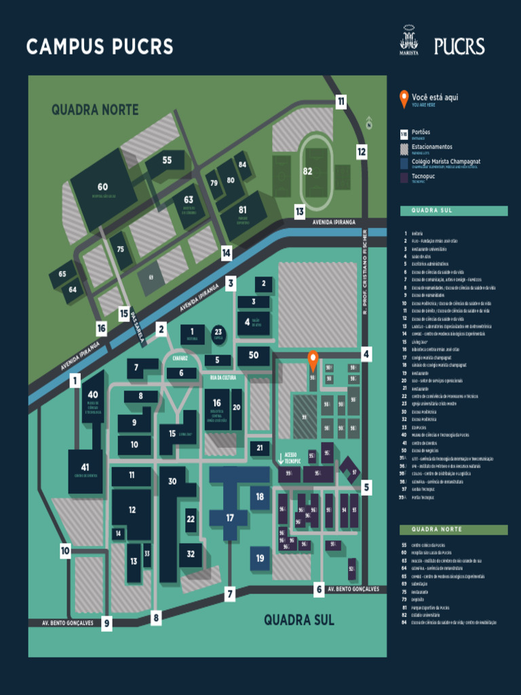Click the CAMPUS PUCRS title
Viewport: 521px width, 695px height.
100,47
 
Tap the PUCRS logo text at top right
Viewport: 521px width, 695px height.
459,46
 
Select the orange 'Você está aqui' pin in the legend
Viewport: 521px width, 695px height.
404,98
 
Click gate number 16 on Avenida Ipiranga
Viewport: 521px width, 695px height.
101,328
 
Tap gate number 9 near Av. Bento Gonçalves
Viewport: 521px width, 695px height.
107,623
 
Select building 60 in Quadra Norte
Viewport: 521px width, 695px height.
102,187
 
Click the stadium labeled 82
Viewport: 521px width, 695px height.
308,171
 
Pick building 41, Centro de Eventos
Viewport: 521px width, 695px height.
85,468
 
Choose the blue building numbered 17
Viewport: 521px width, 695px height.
230,517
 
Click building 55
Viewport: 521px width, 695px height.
167,161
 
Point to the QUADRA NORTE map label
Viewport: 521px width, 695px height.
95,109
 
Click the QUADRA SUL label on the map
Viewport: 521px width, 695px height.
298,619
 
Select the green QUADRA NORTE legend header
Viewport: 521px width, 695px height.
453,529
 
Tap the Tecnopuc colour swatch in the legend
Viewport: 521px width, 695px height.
404,178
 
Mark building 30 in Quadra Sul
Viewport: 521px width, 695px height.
172,482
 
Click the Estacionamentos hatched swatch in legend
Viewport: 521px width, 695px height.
404,148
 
